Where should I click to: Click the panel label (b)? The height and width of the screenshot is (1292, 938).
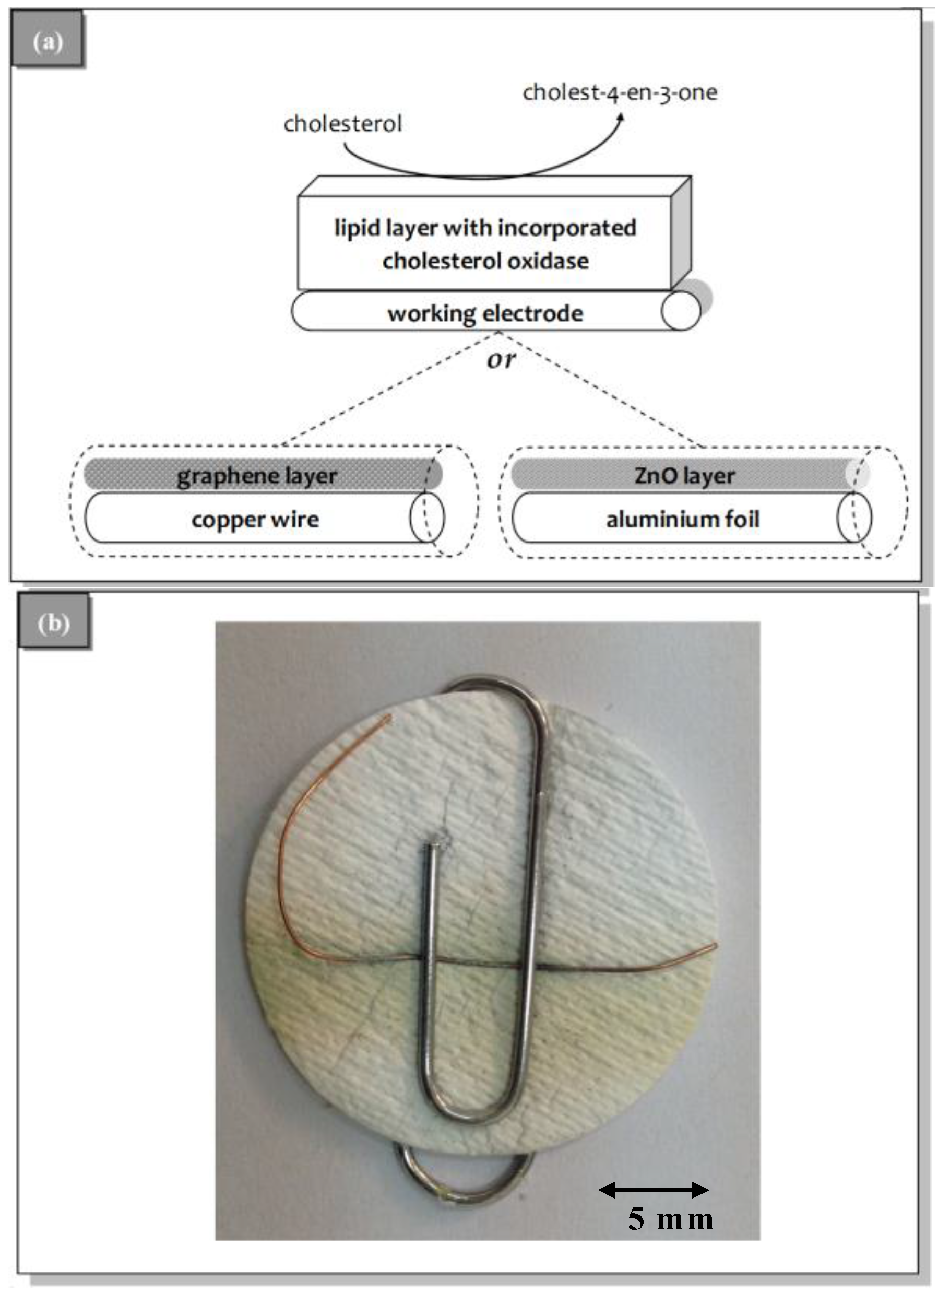pyautogui.click(x=54, y=624)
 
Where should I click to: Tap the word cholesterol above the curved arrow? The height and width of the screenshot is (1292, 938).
pyautogui.click(x=342, y=124)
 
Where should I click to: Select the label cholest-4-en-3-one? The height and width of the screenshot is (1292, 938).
pyautogui.click(x=620, y=92)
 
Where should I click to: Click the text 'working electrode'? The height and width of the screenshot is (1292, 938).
pyautogui.click(x=485, y=313)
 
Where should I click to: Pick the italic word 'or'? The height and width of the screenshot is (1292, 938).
pyautogui.click(x=501, y=359)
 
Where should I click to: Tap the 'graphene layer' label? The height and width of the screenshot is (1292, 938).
pyautogui.click(x=257, y=476)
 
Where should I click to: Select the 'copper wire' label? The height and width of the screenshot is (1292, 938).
pyautogui.click(x=255, y=519)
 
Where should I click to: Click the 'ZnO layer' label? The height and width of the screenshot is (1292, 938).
pyautogui.click(x=684, y=475)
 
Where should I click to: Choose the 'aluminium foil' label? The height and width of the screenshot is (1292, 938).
pyautogui.click(x=682, y=519)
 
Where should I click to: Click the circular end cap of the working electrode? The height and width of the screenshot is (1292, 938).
pyautogui.click(x=681, y=311)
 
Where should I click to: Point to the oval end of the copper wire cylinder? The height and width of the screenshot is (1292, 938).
pyautogui.click(x=426, y=518)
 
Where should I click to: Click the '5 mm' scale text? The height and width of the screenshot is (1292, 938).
pyautogui.click(x=670, y=1219)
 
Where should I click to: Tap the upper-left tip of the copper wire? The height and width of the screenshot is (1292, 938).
pyautogui.click(x=389, y=717)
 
